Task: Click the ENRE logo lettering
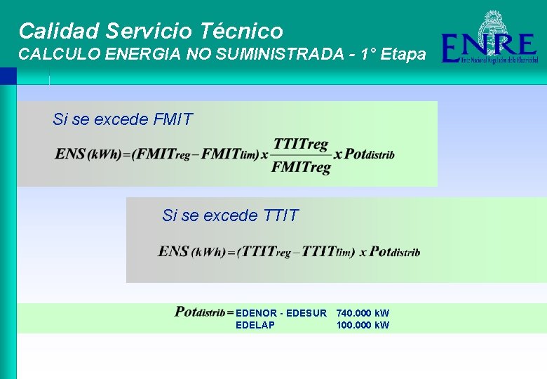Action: click(489, 48)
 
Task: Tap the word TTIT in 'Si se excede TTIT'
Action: click(281, 215)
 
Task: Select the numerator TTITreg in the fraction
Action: click(301, 144)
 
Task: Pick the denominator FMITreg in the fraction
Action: click(301, 167)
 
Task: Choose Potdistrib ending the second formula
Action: click(394, 251)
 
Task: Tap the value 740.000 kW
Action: click(363, 313)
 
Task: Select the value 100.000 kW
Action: click(363, 325)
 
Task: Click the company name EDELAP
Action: click(255, 325)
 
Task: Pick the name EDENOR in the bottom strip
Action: click(257, 313)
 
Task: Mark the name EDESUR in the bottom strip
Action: click(307, 313)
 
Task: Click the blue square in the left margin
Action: click(8, 75)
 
